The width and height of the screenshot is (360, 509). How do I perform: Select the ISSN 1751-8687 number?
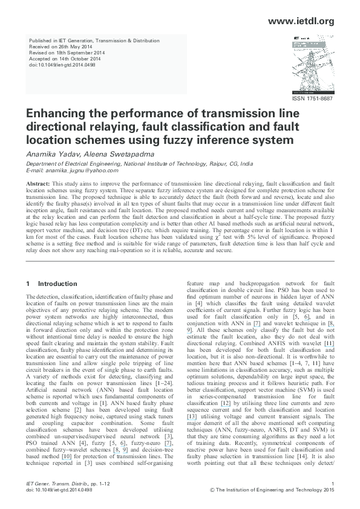(312, 99)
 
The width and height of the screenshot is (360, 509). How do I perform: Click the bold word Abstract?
(39, 183)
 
